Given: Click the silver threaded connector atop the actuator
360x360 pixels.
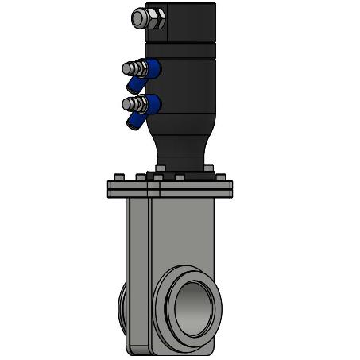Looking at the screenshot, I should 140,17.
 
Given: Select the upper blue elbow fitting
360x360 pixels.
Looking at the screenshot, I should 149,70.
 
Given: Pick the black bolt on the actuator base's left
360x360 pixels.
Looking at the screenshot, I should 160,168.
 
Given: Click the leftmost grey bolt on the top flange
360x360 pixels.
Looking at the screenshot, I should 118,176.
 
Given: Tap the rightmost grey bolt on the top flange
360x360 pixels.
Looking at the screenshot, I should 220,177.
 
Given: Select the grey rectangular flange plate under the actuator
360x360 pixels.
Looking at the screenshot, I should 171,189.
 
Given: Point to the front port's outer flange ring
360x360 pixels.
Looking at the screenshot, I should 168,314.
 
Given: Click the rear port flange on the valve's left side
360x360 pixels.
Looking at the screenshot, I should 122,306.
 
